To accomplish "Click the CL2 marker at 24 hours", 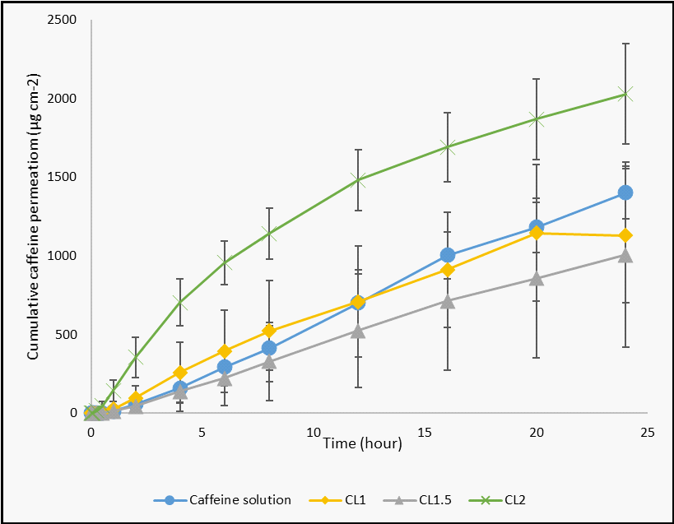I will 625,94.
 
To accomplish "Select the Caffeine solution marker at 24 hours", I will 625,192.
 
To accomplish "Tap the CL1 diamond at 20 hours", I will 537,233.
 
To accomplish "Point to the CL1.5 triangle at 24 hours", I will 625,255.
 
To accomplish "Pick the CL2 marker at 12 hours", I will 358,179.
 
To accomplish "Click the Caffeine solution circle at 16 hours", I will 447,255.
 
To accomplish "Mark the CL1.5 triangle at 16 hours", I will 447,302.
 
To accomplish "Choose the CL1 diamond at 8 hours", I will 269,331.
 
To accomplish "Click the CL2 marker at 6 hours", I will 225,263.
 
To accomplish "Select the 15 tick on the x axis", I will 425,431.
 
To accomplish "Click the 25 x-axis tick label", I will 648,431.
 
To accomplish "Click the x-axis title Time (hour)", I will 362,444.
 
